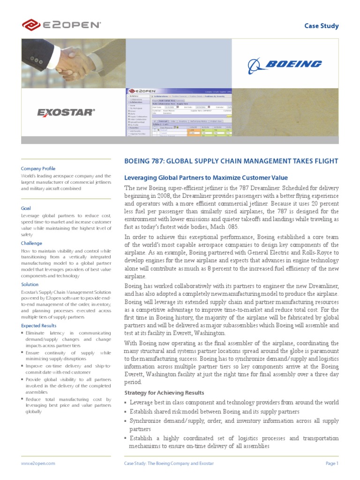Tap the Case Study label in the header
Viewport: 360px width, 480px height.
coord(322,26)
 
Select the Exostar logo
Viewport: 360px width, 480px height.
coord(66,112)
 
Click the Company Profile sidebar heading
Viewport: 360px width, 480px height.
coord(38,168)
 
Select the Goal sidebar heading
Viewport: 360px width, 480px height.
coord(26,208)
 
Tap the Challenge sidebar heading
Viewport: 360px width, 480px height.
coord(31,243)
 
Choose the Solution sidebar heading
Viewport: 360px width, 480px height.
coord(30,284)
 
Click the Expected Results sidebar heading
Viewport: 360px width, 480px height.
coord(38,325)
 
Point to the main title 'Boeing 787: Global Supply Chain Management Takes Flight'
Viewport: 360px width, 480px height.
coord(231,161)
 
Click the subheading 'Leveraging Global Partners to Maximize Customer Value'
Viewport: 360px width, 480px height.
coord(205,178)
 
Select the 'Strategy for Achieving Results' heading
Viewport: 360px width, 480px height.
coord(164,392)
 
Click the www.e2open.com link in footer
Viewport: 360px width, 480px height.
coord(38,463)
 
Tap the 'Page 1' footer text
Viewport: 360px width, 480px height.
coord(332,463)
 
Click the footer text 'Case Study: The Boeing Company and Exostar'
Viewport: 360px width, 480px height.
coord(169,463)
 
